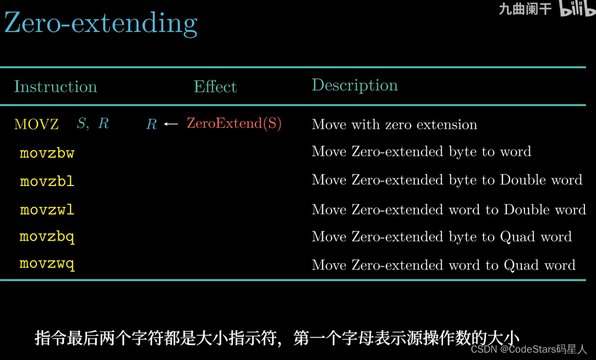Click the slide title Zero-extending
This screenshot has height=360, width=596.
(101, 24)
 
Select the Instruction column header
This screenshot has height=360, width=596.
(56, 87)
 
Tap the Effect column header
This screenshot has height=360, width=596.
(215, 87)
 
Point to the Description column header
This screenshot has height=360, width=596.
(355, 85)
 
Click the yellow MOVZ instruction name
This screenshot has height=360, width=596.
(36, 125)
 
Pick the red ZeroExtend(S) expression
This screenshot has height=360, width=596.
(234, 123)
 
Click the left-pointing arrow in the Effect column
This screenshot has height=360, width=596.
(171, 124)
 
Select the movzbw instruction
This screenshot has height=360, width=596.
(47, 153)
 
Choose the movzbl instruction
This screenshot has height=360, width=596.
(47, 181)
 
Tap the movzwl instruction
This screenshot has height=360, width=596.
(47, 210)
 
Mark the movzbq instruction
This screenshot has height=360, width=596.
(47, 237)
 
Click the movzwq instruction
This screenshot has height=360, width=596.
(47, 264)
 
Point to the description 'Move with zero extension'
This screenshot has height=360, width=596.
(394, 125)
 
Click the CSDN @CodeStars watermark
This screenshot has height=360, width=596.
(529, 349)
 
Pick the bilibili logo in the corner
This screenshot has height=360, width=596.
(577, 8)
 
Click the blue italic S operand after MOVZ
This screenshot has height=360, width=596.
(81, 123)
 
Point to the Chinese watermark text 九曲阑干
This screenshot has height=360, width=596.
(525, 9)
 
